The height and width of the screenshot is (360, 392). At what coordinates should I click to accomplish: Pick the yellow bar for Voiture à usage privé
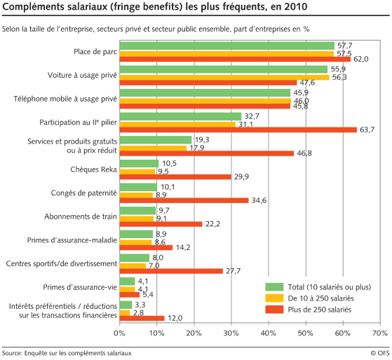pos(224,77)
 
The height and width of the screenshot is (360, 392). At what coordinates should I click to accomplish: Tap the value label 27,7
pos(235,270)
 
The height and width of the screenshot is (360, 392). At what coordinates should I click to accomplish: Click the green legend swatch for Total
pos(275,287)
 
